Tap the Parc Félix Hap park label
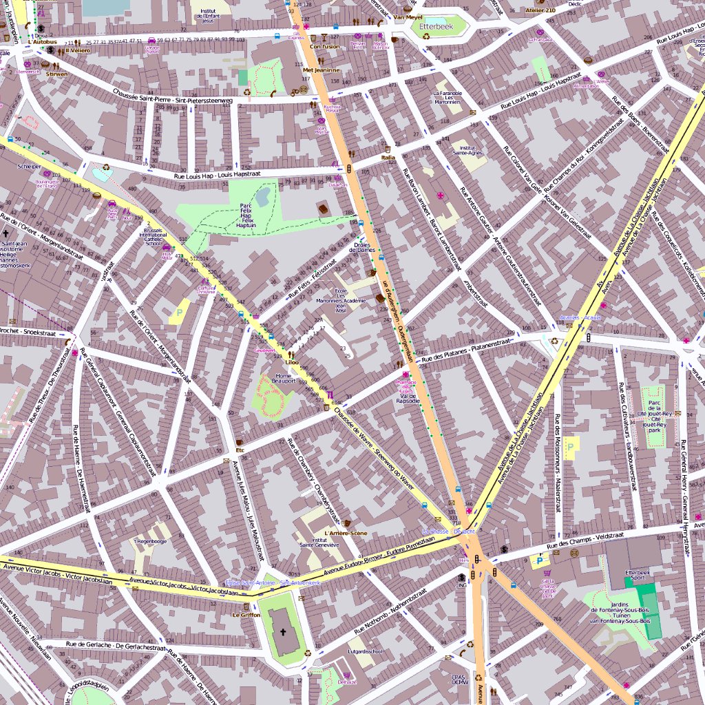click(x=246, y=215)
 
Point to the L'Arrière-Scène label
click(x=345, y=534)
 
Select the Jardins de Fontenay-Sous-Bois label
click(x=620, y=611)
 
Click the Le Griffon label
click(x=246, y=615)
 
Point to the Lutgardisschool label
click(x=365, y=651)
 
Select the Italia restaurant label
click(x=388, y=158)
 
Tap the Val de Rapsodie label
click(x=409, y=399)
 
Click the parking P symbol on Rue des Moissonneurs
click(x=570, y=445)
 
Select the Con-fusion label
click(x=324, y=47)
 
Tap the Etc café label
click(x=240, y=450)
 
